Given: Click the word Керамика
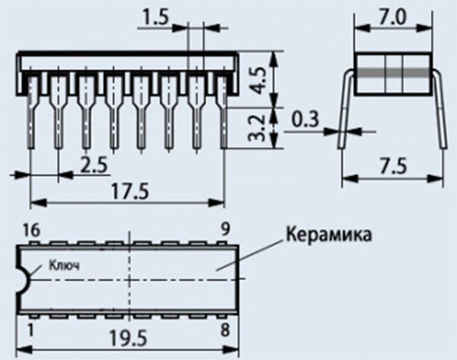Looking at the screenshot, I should point(329,235).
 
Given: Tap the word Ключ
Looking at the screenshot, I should point(64,266).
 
